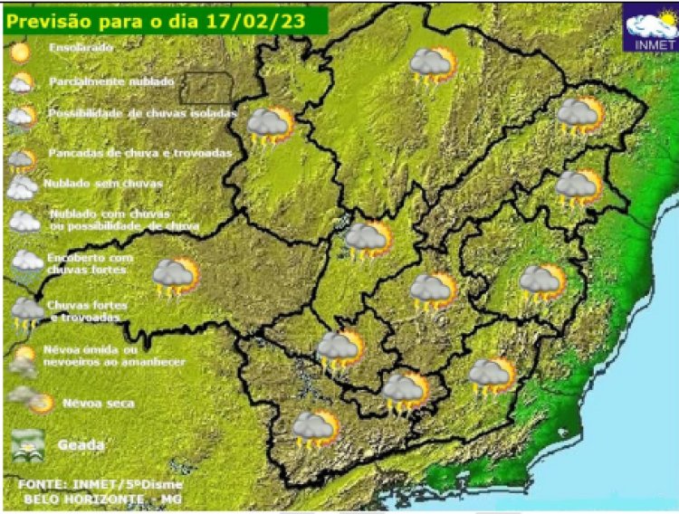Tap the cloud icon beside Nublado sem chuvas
tap(22, 187)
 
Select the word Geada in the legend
tap(81, 445)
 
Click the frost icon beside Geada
tap(27, 444)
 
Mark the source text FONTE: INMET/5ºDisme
tap(100, 484)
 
